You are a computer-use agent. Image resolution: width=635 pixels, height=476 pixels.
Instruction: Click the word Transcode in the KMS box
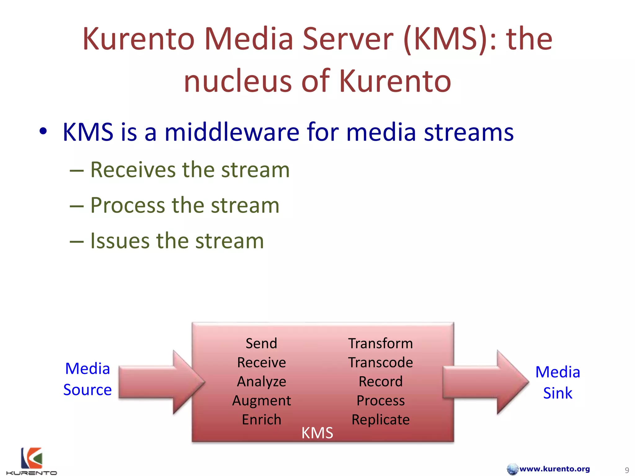point(380,363)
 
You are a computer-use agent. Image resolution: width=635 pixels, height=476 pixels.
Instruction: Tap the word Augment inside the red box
point(261,401)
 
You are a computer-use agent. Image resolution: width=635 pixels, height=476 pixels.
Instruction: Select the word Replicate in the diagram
point(380,420)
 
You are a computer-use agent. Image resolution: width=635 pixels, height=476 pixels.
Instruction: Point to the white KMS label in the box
point(317,433)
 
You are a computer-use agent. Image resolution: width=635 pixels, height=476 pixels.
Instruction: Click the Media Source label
point(87,379)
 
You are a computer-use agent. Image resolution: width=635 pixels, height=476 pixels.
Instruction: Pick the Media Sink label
point(557,382)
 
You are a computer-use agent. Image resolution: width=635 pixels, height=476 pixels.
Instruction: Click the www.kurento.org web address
point(554,469)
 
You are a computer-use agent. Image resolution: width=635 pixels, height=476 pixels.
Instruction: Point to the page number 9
point(627,470)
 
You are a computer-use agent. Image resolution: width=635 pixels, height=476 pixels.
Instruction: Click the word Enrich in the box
point(261,420)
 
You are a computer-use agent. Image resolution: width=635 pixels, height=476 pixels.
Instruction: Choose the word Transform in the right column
point(380,343)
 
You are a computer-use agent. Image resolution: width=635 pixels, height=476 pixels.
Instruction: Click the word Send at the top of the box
point(261,343)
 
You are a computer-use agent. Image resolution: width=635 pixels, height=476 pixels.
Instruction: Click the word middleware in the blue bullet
point(232,132)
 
